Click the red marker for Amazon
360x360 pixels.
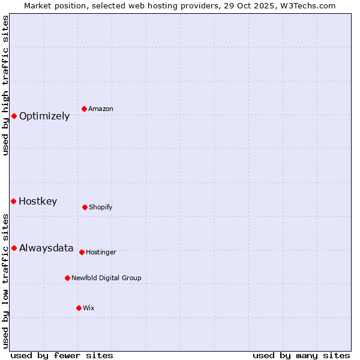[x=85, y=109]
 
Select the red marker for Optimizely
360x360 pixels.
[x=14, y=116]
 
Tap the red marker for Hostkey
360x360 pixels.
[x=13, y=201]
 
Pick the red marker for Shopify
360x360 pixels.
[x=85, y=207]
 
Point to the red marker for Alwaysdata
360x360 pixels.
[x=14, y=248]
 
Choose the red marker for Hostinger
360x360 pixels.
[x=82, y=252]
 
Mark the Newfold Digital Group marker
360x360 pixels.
[x=67, y=278]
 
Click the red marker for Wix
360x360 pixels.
[x=79, y=308]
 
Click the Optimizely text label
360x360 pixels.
[x=44, y=116]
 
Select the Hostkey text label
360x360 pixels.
[x=38, y=202]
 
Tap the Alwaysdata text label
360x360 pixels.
[x=46, y=248]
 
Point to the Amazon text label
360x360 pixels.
[x=101, y=109]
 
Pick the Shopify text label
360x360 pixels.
[x=101, y=208]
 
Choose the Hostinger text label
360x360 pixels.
[x=101, y=253]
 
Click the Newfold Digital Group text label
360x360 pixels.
[x=106, y=278]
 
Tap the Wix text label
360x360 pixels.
[x=89, y=308]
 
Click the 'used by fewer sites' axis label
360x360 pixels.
[x=62, y=356]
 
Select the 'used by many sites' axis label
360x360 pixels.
[x=301, y=356]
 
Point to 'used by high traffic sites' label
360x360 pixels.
[x=5, y=85]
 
